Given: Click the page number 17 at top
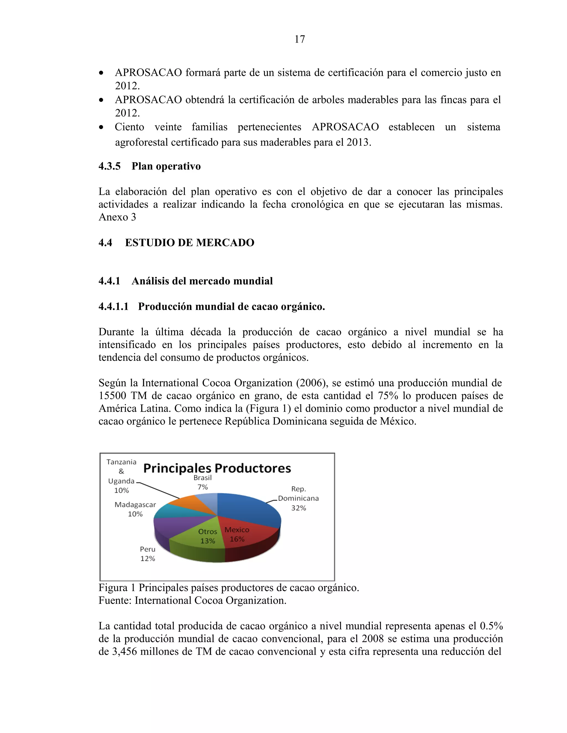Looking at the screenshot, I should point(300,39).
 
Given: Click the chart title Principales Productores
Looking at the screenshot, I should point(217,468).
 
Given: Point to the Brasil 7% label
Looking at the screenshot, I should point(203,482).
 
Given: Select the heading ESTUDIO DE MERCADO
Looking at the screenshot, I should point(189,243).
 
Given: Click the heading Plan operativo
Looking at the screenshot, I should point(166,166).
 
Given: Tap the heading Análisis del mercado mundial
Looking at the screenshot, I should point(202,281).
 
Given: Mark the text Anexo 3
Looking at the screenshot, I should point(117,217).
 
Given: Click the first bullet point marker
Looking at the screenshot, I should point(101,73).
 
